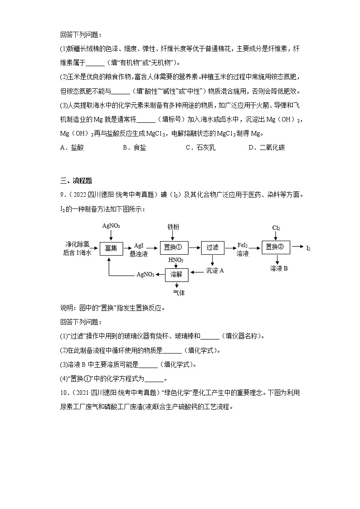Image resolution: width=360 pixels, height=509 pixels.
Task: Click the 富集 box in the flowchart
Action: pyautogui.click(x=111, y=248)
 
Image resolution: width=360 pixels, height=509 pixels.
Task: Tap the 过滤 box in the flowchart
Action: pyautogui.click(x=212, y=247)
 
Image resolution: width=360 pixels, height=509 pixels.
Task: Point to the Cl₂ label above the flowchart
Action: pyautogui.click(x=276, y=228)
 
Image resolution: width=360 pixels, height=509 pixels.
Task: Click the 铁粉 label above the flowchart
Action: pyautogui.click(x=173, y=226)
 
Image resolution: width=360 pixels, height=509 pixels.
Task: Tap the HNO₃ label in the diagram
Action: pyautogui.click(x=176, y=260)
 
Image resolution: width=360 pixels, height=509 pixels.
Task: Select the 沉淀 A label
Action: pyautogui.click(x=215, y=271)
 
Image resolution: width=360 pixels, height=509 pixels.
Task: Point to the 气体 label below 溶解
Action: pyautogui.click(x=179, y=293)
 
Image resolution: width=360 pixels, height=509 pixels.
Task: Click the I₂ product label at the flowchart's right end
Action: pyautogui.click(x=308, y=248)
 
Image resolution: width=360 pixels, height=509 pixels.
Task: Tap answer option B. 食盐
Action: pyautogui.click(x=135, y=147)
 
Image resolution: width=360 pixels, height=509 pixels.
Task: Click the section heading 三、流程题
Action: pyautogui.click(x=76, y=181)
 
